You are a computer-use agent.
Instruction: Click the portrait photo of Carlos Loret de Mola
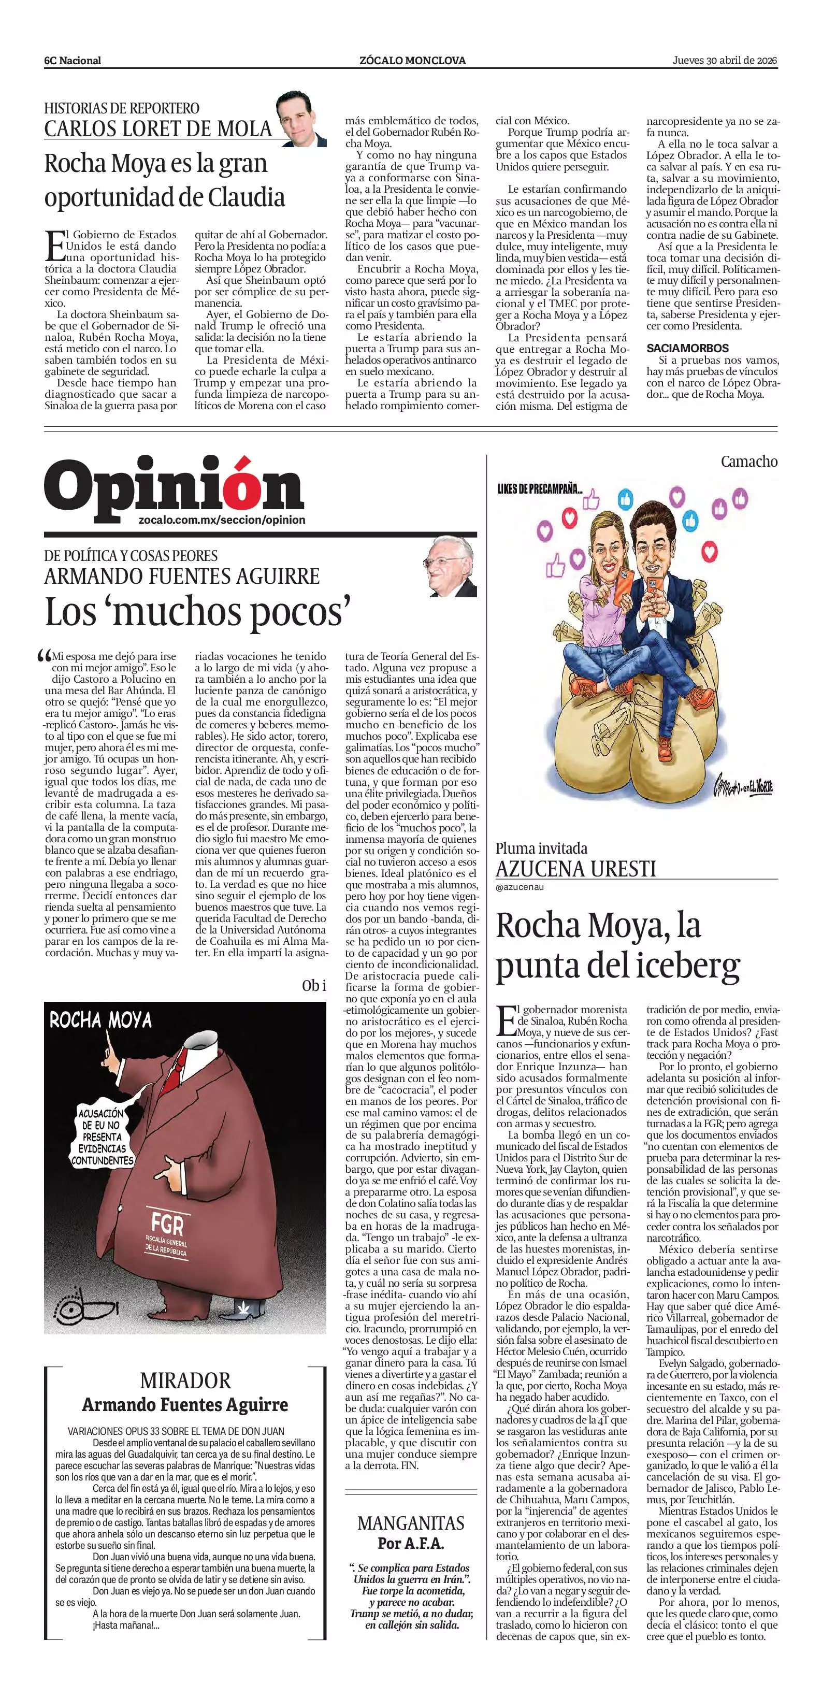point(300,119)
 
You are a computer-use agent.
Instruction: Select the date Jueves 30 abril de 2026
point(725,60)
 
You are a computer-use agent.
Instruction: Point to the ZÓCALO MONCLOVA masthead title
point(412,61)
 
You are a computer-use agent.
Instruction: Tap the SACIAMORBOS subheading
point(688,348)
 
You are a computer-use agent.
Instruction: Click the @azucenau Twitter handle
point(520,887)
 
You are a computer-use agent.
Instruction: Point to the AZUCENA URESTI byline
point(575,869)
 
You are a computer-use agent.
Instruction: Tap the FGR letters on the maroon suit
point(167,1224)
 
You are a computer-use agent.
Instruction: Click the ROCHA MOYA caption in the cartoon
point(100,1020)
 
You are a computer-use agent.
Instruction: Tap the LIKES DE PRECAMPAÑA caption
point(540,490)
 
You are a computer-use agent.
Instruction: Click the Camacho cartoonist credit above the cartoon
point(749,461)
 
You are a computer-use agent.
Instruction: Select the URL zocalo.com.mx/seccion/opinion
point(222,520)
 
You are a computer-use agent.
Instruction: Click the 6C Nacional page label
point(73,61)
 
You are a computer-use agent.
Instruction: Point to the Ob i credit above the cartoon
point(313,986)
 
